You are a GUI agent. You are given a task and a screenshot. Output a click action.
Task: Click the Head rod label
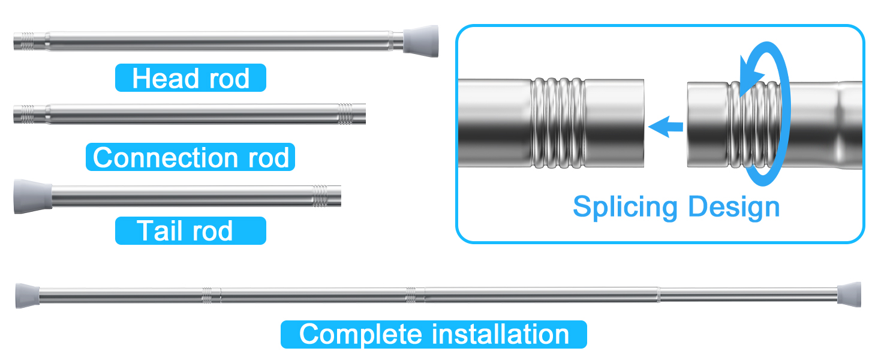190,78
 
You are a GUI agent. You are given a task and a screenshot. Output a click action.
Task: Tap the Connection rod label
190,157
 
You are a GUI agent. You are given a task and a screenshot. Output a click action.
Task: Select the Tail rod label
190,231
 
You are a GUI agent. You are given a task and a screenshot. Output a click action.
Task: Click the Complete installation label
434,334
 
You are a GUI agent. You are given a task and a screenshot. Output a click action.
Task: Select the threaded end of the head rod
26,41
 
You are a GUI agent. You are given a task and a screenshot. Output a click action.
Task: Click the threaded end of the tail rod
320,196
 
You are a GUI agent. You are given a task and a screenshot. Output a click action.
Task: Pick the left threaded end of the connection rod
26,113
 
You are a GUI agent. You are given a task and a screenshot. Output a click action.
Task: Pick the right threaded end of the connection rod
345,113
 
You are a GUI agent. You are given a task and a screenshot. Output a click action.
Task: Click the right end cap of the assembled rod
849,294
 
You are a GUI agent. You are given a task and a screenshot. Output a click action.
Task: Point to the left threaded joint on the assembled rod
208,295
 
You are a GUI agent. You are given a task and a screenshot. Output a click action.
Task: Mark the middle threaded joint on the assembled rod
411,295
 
